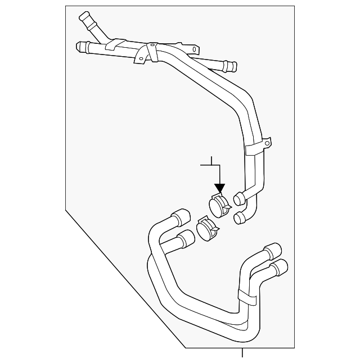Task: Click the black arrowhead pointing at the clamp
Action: tap(219, 189)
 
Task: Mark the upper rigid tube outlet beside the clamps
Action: tap(238, 198)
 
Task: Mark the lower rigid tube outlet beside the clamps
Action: tap(240, 217)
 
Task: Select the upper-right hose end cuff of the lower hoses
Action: tap(273, 250)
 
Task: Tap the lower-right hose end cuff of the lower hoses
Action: tap(279, 267)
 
